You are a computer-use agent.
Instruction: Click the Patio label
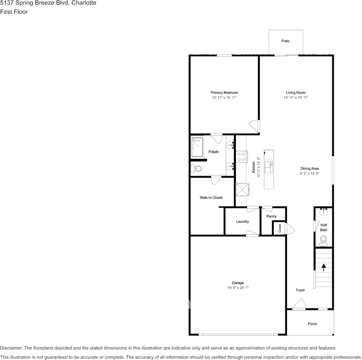285,41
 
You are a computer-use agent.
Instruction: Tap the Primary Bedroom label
224,92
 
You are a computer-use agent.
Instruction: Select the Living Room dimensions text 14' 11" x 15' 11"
296,98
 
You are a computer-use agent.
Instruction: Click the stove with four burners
241,157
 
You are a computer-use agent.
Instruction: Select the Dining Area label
309,168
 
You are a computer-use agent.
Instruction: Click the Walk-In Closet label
211,198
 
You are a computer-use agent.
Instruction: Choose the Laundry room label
242,221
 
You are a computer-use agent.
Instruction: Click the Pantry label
271,216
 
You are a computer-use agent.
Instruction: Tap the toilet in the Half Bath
324,239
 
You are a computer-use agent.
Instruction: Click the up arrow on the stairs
324,267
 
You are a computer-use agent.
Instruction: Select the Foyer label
300,290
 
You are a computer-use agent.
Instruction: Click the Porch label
312,324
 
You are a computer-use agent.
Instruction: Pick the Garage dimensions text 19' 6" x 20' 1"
238,288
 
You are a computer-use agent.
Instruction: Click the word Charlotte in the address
84,3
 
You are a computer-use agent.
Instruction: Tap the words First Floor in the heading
14,12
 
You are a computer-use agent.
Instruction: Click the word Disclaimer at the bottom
11,348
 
